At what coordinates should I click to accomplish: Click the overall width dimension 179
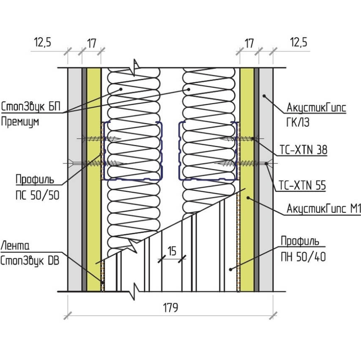tap(170, 307)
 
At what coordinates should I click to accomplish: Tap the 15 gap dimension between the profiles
tap(172, 251)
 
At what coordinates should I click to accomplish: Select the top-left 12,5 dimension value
tap(43, 42)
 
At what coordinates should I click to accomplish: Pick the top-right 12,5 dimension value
tap(298, 42)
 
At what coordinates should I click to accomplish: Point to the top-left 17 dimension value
tap(91, 43)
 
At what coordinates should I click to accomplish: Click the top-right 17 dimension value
tap(249, 43)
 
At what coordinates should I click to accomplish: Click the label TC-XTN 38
tap(303, 150)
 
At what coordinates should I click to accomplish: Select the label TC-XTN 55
tap(302, 185)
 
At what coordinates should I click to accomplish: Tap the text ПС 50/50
tap(38, 195)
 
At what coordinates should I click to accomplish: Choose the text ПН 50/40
tap(303, 257)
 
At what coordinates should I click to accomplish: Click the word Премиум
tap(20, 122)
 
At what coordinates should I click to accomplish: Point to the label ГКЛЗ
tap(298, 122)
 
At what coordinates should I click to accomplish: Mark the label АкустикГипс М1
tap(323, 209)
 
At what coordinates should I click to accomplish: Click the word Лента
tap(15, 246)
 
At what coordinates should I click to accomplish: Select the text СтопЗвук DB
tap(30, 261)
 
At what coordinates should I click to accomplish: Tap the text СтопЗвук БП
tap(30, 106)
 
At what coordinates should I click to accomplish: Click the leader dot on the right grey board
tap(264, 96)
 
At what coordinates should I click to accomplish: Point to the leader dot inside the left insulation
tap(120, 89)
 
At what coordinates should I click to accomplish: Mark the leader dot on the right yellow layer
tap(248, 198)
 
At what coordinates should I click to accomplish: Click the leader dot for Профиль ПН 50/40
tap(231, 270)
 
